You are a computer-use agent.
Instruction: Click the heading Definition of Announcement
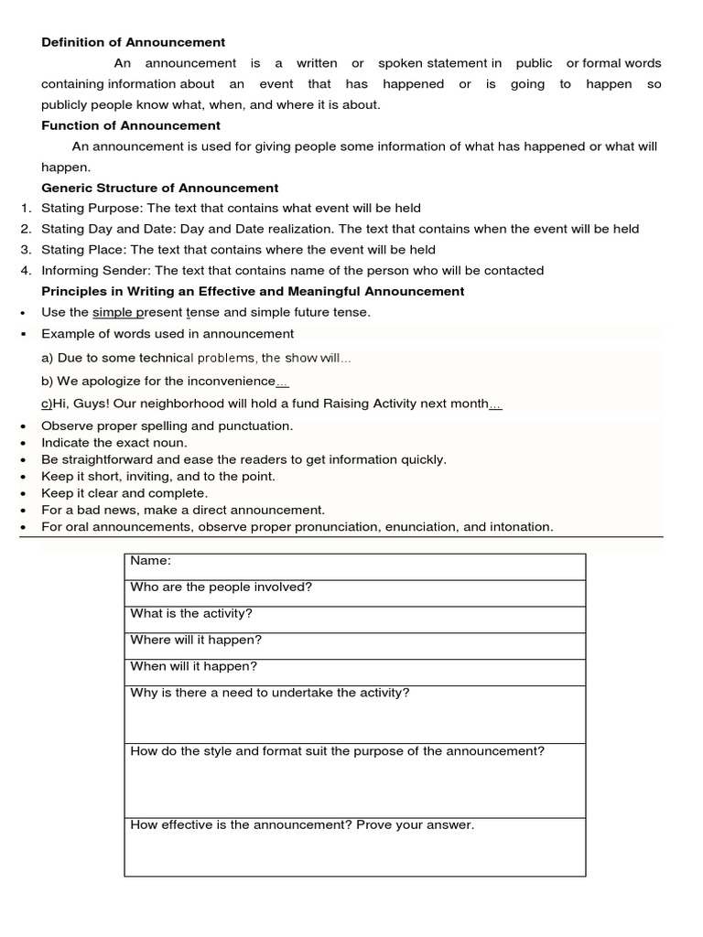pyautogui.click(x=134, y=42)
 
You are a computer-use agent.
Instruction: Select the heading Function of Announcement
pyautogui.click(x=131, y=125)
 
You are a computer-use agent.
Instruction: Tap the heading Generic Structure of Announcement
pyautogui.click(x=160, y=188)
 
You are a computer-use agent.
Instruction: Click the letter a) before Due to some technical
pyautogui.click(x=48, y=359)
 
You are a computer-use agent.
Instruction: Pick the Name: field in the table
pyautogui.click(x=151, y=560)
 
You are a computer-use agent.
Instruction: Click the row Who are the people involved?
pyautogui.click(x=222, y=587)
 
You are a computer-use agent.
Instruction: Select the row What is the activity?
pyautogui.click(x=191, y=614)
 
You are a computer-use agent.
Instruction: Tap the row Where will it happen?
pyautogui.click(x=196, y=641)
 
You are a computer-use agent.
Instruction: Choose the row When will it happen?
pyautogui.click(x=194, y=667)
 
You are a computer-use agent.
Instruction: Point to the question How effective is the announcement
pyautogui.click(x=302, y=825)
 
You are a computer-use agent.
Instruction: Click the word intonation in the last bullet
pyautogui.click(x=522, y=527)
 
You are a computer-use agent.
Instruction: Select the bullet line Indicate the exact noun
pyautogui.click(x=114, y=443)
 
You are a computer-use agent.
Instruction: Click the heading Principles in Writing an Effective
pyautogui.click(x=253, y=292)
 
